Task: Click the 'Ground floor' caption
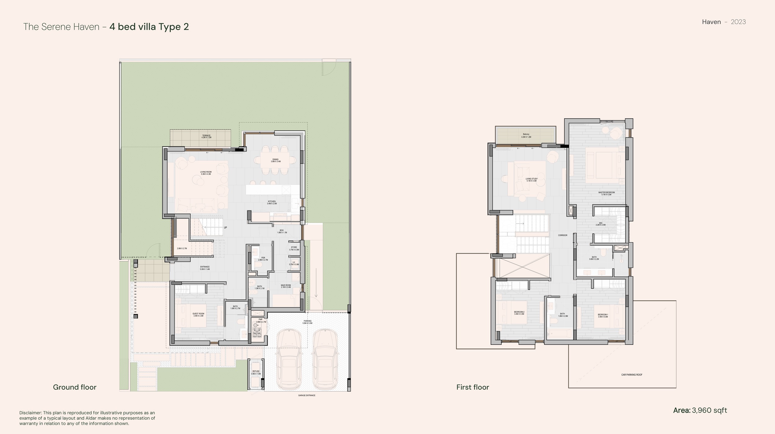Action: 74,387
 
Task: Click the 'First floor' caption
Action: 472,387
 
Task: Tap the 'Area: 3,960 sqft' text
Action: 700,410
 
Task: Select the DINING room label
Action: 276,160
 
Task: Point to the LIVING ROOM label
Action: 206,173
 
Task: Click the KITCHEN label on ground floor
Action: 272,202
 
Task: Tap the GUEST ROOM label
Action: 198,315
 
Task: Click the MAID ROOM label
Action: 286,286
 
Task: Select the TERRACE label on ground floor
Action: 206,136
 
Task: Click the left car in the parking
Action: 289,359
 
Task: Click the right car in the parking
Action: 325,359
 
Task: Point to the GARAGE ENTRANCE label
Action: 307,396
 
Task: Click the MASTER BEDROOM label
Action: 606,193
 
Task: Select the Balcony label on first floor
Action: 526,135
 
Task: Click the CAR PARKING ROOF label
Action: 632,375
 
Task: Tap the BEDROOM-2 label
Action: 519,313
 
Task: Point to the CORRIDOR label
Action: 563,235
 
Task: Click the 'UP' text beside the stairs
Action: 225,228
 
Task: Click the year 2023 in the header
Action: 738,22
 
